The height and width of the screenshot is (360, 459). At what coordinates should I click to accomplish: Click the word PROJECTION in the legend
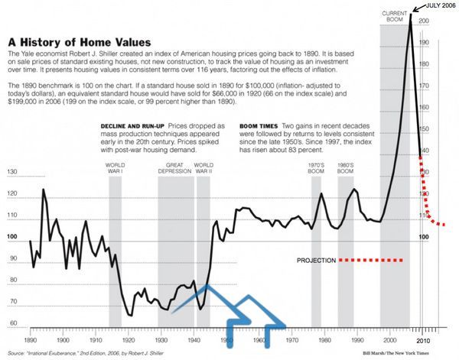point(316,261)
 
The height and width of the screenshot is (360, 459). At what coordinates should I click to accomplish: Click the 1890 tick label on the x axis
point(31,338)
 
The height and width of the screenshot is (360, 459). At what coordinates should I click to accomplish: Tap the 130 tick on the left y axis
point(11,172)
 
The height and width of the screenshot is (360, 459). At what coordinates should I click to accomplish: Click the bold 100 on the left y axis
point(11,237)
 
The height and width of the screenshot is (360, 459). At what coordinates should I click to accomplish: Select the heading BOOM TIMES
point(261,125)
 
